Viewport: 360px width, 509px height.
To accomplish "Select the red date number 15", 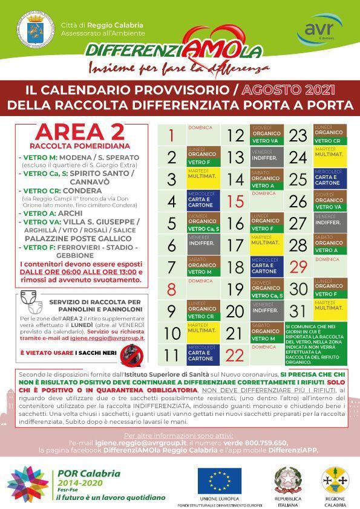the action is tap(235, 201).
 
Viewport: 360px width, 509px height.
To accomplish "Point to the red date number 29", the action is tap(298, 267).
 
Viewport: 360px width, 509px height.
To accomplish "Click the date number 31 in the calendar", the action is tap(298, 311).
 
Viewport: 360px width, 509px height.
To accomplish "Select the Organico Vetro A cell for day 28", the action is tap(329, 245).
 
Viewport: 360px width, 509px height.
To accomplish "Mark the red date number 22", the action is tap(235, 355).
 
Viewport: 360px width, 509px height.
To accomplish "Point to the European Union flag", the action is tap(219, 481).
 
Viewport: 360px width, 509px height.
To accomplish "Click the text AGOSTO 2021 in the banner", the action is tap(289, 90).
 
